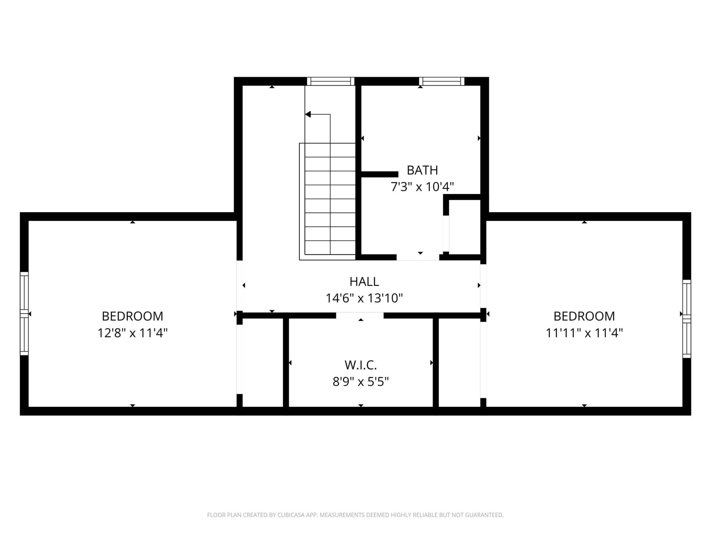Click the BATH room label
(422, 170)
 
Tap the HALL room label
(364, 281)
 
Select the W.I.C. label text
(361, 365)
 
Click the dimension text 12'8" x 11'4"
(132, 333)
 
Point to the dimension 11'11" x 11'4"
(584, 333)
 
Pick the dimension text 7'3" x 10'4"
(422, 187)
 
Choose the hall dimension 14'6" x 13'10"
(364, 298)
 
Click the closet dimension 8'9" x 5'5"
(361, 382)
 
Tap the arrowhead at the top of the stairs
(308, 114)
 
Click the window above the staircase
(331, 81)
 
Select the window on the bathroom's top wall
(442, 81)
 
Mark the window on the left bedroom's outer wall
(24, 314)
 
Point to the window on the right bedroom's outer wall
(687, 319)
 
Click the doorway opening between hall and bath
(418, 257)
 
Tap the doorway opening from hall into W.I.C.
(360, 315)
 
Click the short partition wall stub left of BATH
(380, 174)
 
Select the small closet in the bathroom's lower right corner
(464, 227)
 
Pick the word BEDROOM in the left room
(132, 316)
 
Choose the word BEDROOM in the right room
(584, 316)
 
